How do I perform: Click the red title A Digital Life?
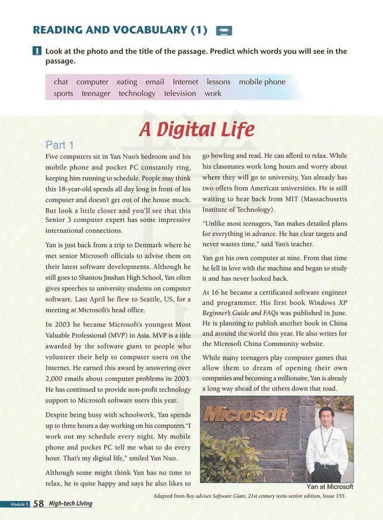[x=196, y=129]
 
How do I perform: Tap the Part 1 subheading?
[x=59, y=145]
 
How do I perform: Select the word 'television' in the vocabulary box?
[x=180, y=93]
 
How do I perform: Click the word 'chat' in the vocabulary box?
[x=61, y=82]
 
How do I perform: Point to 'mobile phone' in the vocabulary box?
[x=262, y=82]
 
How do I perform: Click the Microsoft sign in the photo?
[x=245, y=414]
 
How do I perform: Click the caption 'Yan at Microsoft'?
[x=329, y=487]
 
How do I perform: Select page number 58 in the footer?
[x=39, y=504]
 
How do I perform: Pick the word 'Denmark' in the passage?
[x=150, y=246]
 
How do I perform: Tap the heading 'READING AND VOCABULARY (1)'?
[x=120, y=30]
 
